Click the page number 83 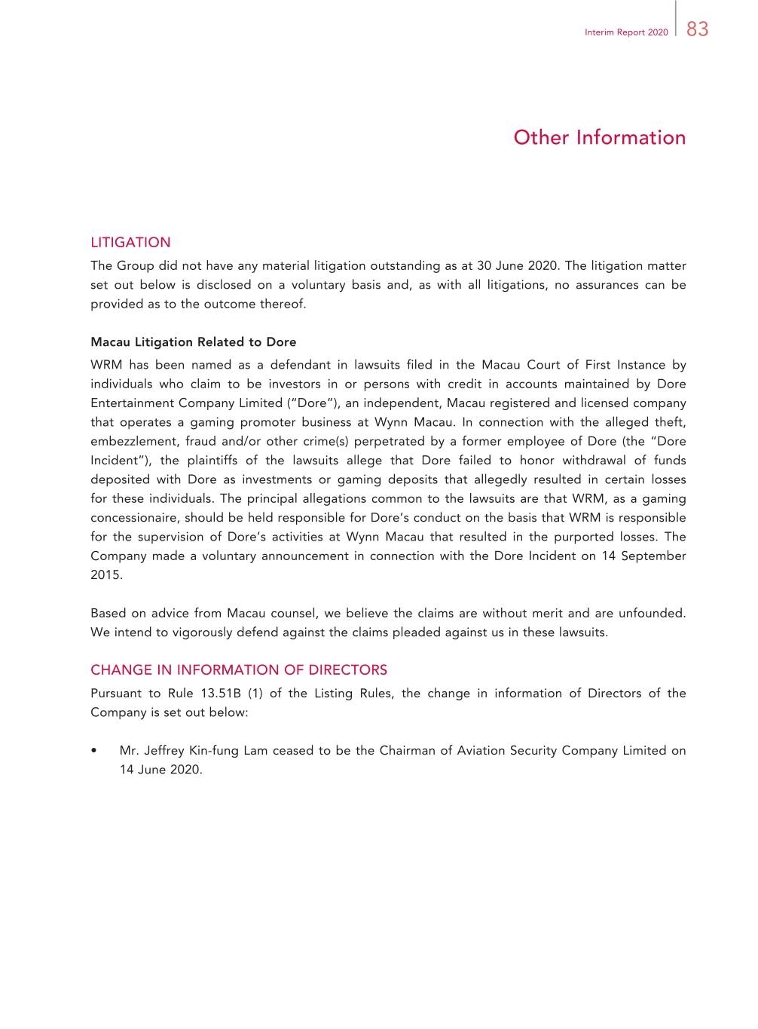[698, 29]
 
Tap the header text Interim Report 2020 [626, 32]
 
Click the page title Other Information [600, 137]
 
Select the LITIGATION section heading [130, 242]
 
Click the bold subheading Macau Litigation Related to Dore [193, 342]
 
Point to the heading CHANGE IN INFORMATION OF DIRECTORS [239, 669]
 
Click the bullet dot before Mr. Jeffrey [93, 751]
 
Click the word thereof [283, 305]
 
